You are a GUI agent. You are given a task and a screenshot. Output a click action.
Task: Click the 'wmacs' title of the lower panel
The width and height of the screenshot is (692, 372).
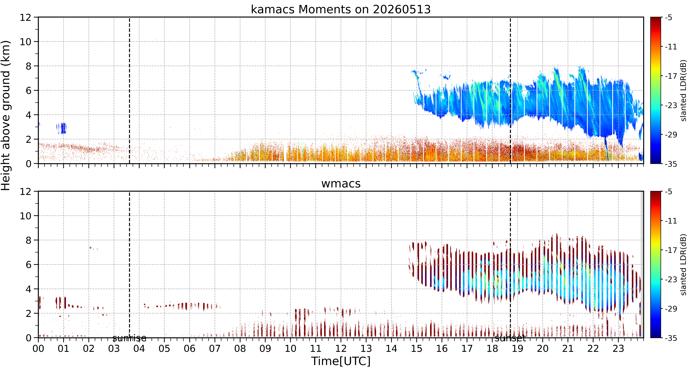[341, 184]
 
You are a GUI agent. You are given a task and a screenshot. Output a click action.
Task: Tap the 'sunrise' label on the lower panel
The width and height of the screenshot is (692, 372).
[130, 338]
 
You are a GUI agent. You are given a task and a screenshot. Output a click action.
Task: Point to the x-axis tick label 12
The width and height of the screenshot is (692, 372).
[341, 349]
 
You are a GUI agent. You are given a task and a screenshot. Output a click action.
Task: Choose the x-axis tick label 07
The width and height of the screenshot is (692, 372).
[215, 349]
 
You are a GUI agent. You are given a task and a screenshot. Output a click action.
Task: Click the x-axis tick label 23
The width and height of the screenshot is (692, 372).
[618, 349]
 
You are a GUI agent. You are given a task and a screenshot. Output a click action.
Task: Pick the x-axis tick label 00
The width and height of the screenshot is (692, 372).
[38, 349]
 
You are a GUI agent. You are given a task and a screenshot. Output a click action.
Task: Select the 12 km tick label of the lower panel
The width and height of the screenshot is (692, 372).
[25, 192]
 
